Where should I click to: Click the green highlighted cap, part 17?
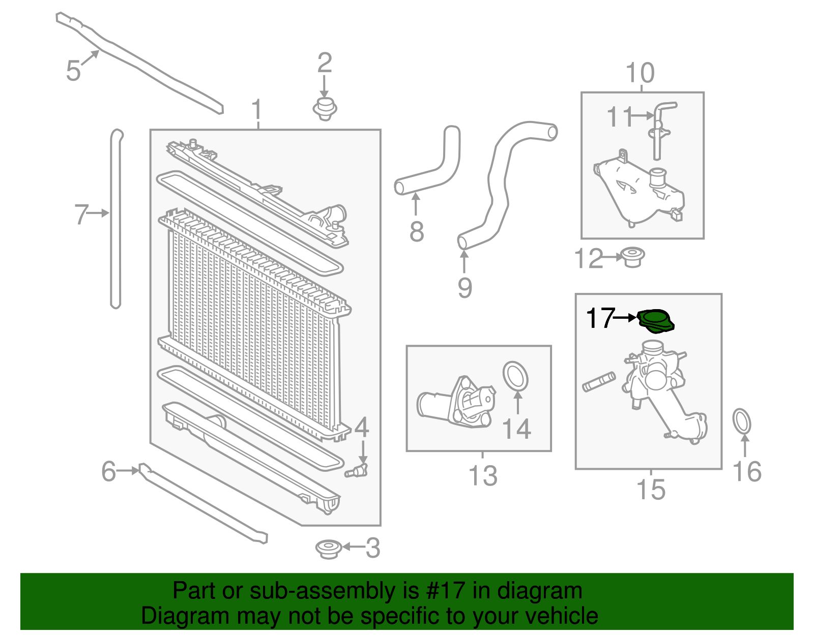(656, 321)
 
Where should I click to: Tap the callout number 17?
(600, 318)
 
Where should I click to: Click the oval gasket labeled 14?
(515, 377)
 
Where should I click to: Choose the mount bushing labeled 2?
(325, 108)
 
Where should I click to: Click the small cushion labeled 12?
(632, 257)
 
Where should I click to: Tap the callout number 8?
(417, 232)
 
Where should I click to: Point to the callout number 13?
(483, 476)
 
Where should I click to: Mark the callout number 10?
(640, 73)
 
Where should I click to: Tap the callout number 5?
(73, 71)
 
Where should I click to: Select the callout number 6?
(109, 471)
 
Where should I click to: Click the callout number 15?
(651, 490)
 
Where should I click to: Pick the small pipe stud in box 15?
(599, 382)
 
